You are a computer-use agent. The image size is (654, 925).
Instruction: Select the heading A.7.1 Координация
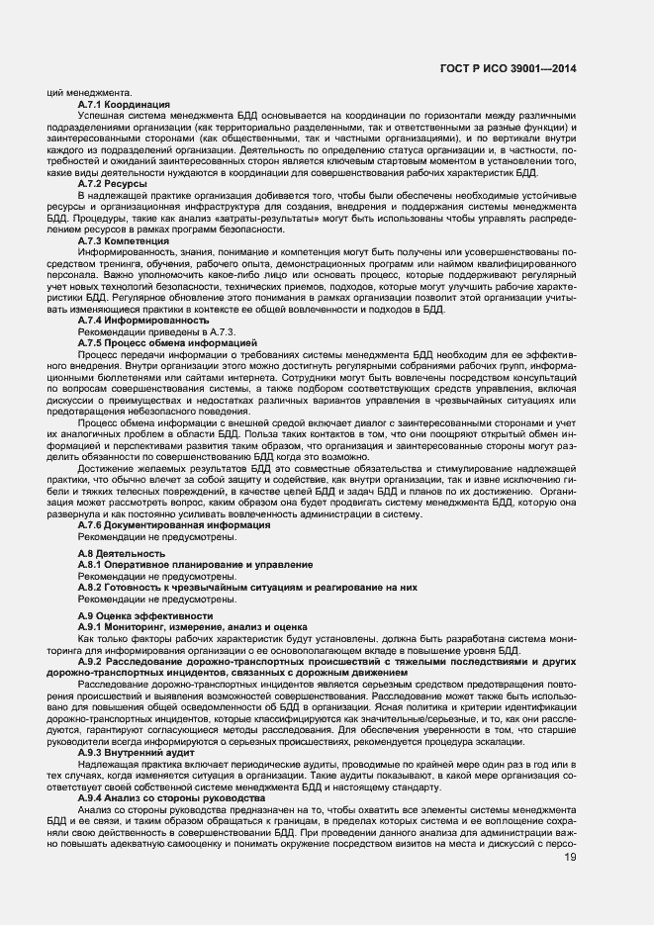tap(123, 104)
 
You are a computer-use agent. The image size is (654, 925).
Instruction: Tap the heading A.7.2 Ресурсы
tap(113, 184)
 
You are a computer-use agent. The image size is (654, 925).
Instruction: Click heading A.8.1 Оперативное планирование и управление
tap(195, 564)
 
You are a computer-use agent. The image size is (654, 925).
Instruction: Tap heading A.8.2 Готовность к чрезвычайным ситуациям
tap(247, 587)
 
